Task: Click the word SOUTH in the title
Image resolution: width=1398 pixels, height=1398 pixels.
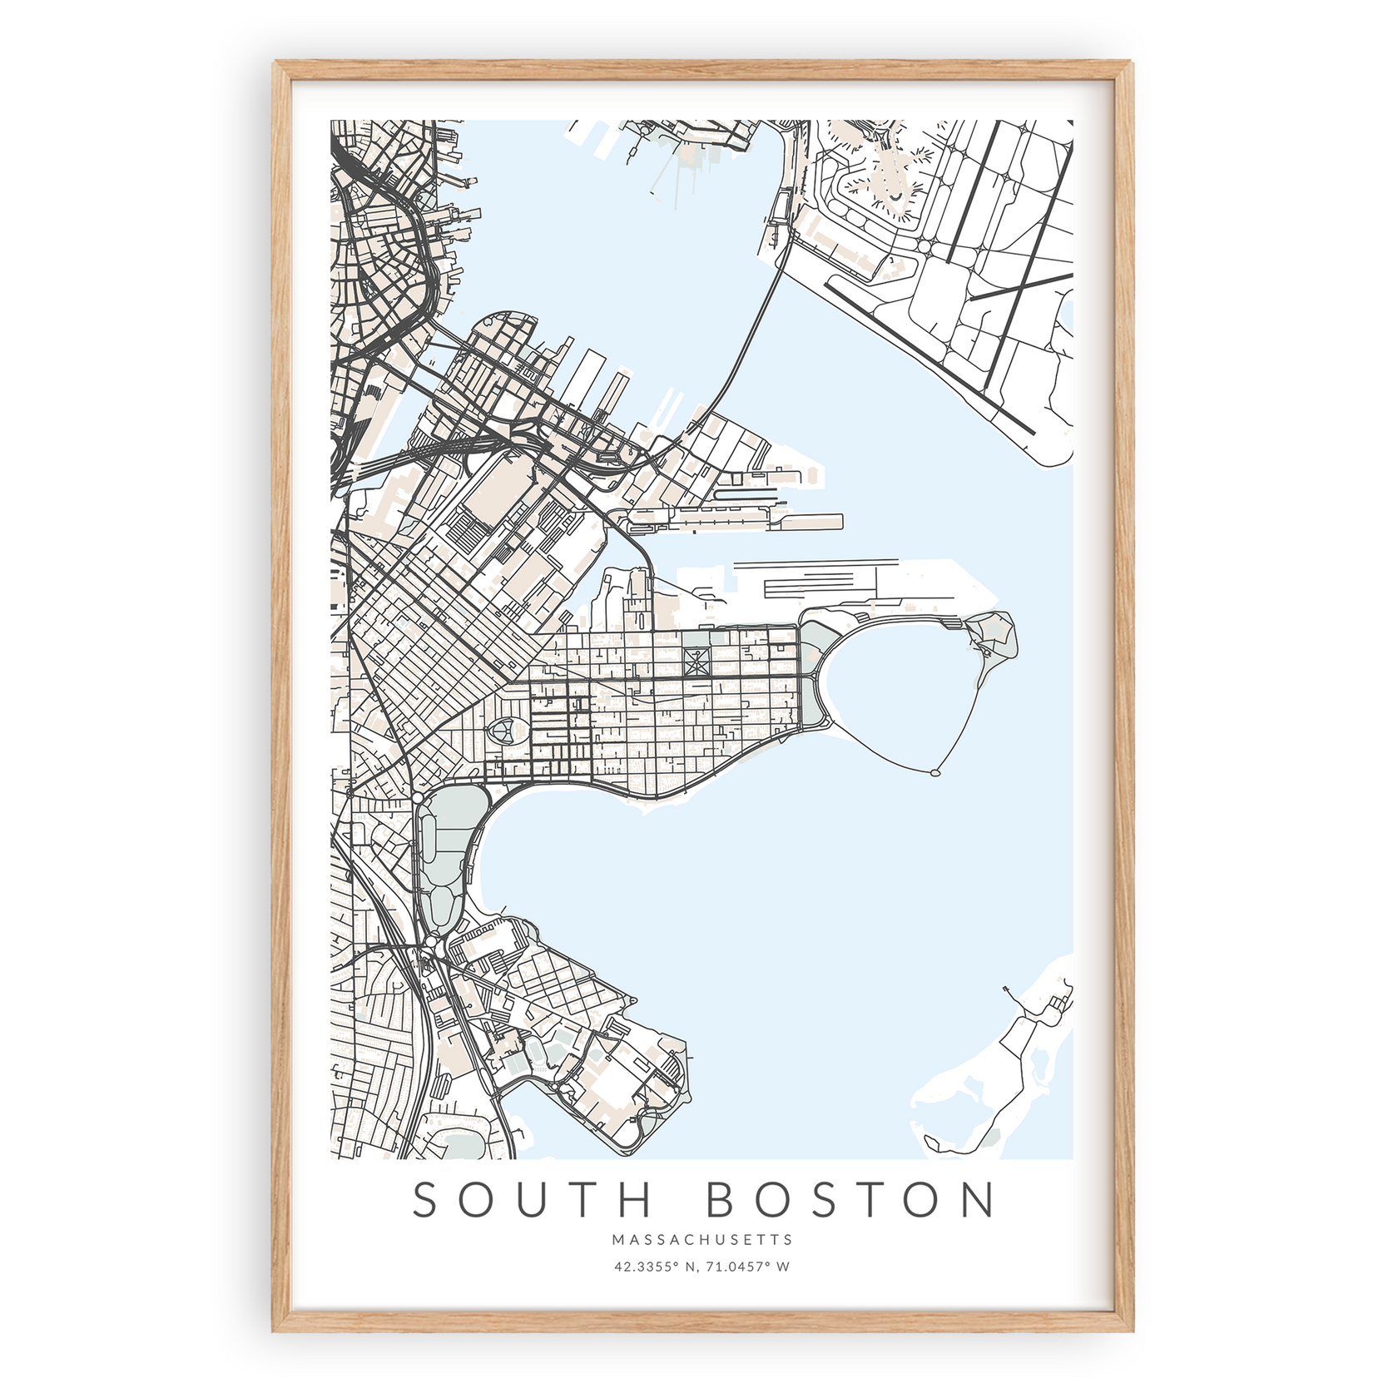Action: pyautogui.click(x=533, y=1200)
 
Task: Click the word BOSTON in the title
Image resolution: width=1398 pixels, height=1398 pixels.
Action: pyautogui.click(x=850, y=1200)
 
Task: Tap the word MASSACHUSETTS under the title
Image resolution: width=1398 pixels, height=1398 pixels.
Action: pyautogui.click(x=702, y=1240)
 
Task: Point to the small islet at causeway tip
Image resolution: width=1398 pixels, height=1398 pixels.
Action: pyautogui.click(x=935, y=773)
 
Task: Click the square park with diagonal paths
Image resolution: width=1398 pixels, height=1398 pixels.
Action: pyautogui.click(x=696, y=662)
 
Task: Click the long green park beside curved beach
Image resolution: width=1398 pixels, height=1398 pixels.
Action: pyautogui.click(x=441, y=857)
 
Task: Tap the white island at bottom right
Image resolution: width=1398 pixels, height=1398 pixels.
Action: pyautogui.click(x=999, y=1082)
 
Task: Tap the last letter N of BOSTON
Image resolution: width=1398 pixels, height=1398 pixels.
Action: pyautogui.click(x=977, y=1200)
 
